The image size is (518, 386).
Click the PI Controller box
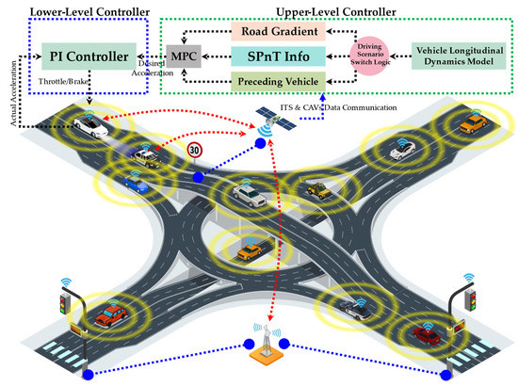(x=90, y=58)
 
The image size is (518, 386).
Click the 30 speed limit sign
(x=193, y=148)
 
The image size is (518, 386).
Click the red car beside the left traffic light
(x=111, y=313)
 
